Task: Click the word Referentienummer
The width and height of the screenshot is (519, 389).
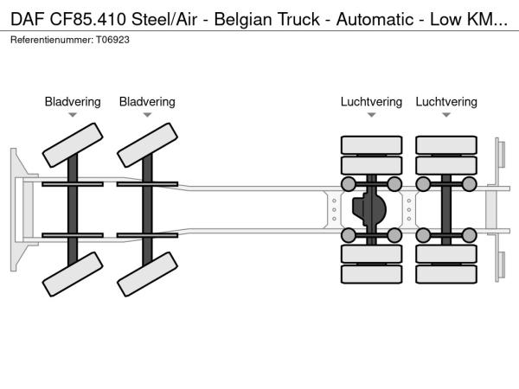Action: [49, 40]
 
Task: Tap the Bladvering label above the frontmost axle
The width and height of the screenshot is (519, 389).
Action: [73, 102]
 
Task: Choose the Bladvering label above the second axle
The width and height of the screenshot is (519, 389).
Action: [147, 102]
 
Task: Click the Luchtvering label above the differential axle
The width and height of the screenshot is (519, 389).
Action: [371, 102]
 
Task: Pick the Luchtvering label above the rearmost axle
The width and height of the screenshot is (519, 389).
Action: [446, 102]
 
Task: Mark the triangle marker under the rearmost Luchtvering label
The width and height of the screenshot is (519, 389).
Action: [446, 115]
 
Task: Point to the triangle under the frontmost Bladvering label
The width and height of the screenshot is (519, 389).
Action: [73, 115]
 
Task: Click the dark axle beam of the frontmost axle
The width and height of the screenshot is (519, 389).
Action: [73, 209]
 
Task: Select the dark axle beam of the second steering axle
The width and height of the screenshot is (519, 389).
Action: [147, 209]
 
